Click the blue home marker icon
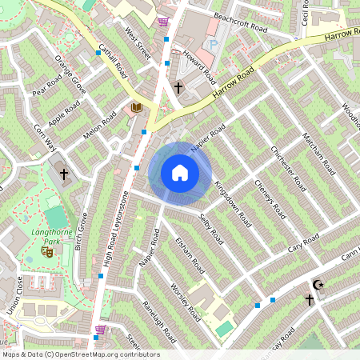point(180,173)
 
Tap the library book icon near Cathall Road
point(136,107)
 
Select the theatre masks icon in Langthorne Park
point(47,251)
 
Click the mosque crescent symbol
point(319,285)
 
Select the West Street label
point(138,42)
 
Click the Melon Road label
point(100,129)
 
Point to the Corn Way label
point(43,137)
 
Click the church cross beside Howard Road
point(178,87)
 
